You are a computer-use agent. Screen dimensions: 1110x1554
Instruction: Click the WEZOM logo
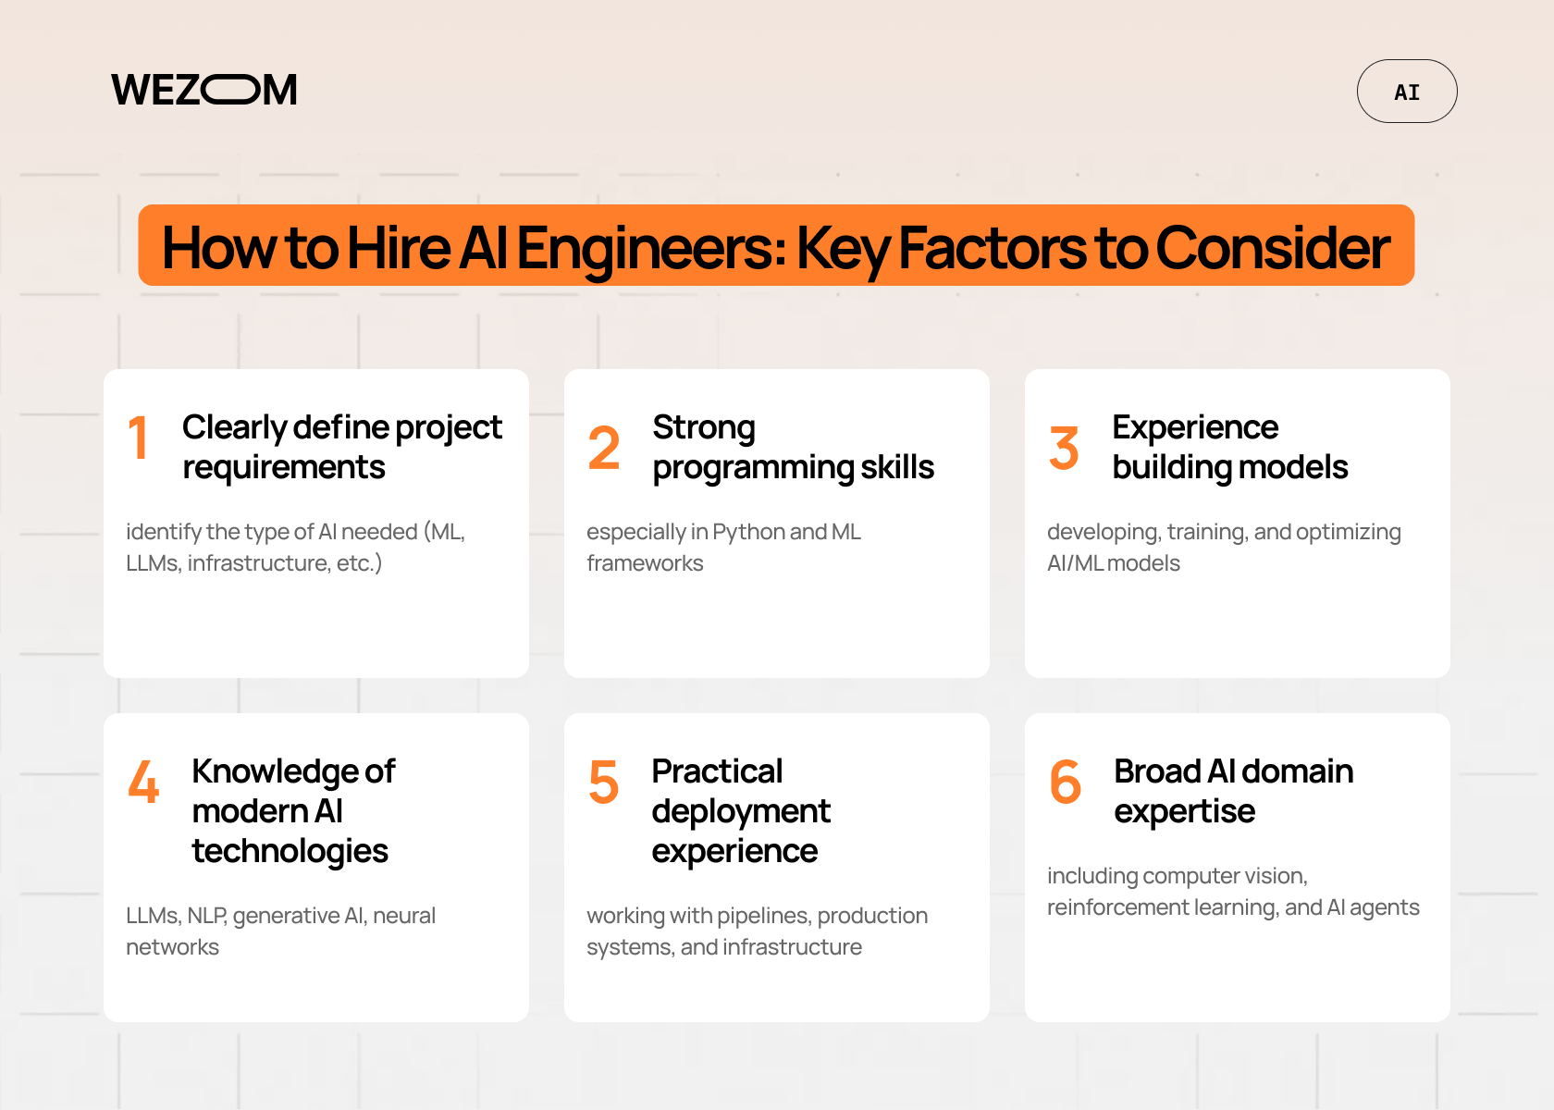[204, 90]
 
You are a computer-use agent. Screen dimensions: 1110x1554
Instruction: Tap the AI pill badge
[1406, 92]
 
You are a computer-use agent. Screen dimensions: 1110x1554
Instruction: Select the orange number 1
[139, 438]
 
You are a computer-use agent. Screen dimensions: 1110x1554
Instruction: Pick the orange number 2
[604, 448]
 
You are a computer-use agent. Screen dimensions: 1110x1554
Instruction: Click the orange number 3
[1064, 448]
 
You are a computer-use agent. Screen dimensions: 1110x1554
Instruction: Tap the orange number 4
[143, 782]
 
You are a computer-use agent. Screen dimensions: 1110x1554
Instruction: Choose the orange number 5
[604, 782]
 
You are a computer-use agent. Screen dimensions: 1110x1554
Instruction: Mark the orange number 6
[1065, 782]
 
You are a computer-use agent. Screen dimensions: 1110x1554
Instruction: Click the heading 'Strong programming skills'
[793, 447]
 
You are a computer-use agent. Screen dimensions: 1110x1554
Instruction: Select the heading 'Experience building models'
[1229, 447]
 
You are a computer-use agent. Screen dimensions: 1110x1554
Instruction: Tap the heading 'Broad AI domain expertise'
[1233, 791]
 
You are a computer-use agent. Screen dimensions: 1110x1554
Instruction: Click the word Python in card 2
[748, 532]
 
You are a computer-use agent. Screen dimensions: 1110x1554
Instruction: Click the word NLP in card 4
[206, 916]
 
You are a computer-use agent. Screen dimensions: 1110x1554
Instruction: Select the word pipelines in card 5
[763, 916]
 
